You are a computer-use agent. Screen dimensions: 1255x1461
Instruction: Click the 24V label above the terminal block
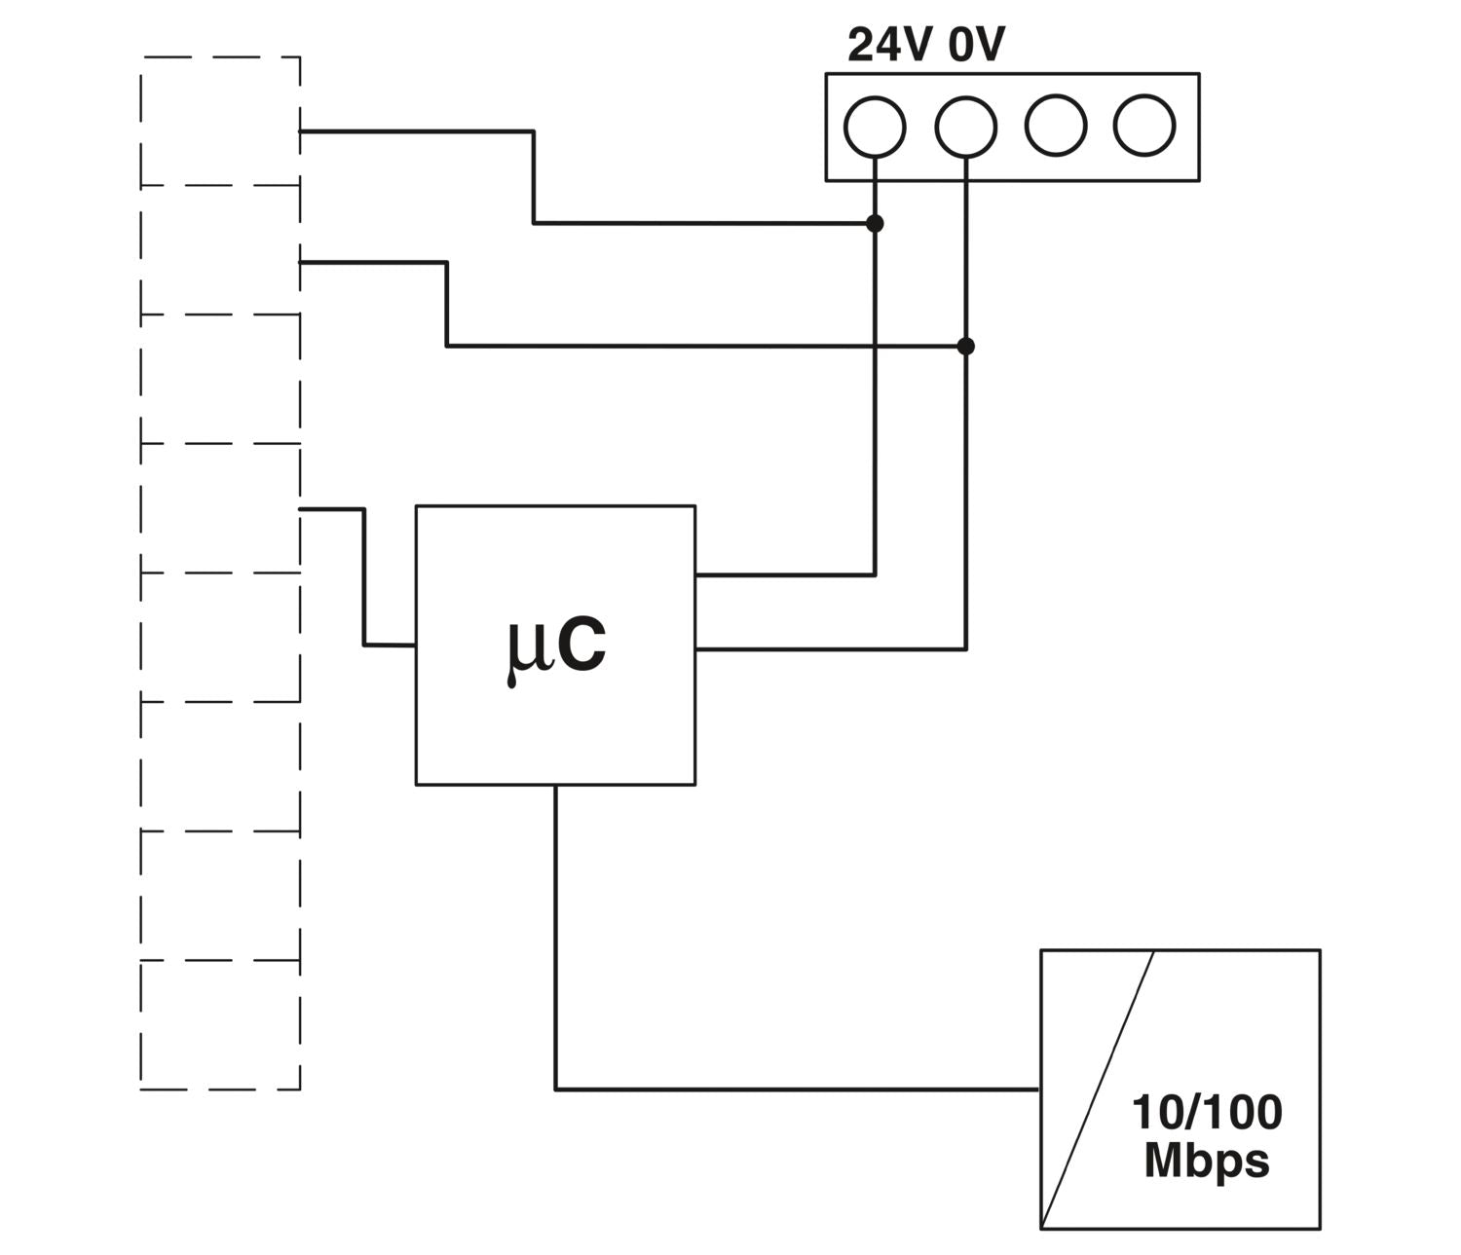889,45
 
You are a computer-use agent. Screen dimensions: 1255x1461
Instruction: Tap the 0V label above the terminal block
976,45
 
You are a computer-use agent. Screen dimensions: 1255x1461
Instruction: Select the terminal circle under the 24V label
875,127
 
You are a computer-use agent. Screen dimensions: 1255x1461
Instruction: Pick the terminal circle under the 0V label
965,127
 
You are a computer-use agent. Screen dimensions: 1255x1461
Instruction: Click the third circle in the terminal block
1056,126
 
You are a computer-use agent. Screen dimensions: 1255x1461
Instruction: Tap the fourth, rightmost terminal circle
1144,126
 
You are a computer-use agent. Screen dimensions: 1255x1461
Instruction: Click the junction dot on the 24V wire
875,224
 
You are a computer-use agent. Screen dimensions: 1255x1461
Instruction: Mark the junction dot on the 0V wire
965,347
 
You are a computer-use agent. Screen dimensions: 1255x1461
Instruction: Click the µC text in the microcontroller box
556,646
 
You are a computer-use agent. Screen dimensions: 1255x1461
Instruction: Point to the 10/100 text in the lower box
1207,1113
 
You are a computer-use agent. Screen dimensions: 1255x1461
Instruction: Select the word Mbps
1207,1161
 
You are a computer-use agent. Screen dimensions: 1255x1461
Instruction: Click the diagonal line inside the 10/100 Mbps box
1098,1089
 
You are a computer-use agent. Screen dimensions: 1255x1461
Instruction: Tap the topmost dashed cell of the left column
220,121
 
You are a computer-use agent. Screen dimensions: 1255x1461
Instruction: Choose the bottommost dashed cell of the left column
220,1024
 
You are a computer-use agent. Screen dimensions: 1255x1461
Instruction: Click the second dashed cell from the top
220,249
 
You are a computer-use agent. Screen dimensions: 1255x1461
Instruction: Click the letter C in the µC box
582,645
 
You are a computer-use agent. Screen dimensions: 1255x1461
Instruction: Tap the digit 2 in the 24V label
861,45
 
